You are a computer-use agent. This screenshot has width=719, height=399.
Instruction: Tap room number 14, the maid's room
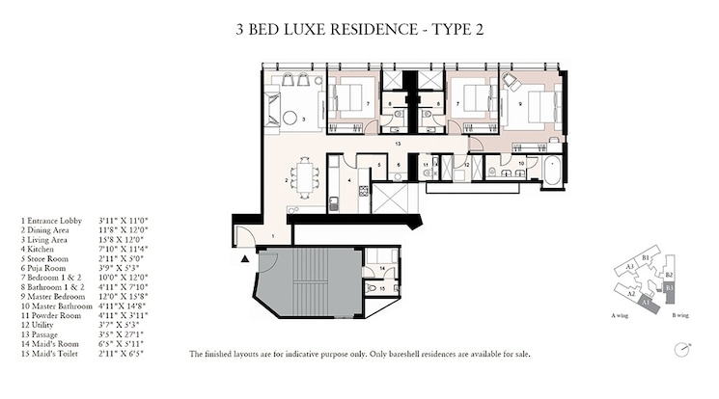pyautogui.click(x=383, y=268)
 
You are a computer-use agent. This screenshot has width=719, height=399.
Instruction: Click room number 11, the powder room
pyautogui.click(x=426, y=166)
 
